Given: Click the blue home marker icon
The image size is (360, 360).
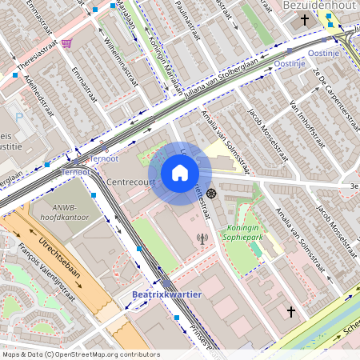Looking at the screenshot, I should tap(180, 173).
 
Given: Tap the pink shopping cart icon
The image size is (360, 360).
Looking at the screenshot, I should tap(66, 43).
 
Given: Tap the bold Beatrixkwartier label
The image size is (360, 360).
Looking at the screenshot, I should tap(166, 294).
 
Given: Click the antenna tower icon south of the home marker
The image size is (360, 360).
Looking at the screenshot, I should tap(201, 238).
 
